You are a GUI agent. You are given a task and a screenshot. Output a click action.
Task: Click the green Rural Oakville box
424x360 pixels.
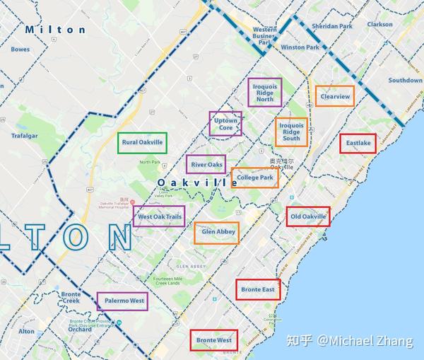coord(142,142)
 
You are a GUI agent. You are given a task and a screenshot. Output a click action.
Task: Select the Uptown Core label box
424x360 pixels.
coord(225,124)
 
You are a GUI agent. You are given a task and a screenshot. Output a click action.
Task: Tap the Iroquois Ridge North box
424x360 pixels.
coord(264,92)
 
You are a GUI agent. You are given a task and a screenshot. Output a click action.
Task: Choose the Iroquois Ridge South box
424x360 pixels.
coord(291,132)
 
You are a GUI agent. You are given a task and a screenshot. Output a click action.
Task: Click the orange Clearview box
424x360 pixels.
coord(334,96)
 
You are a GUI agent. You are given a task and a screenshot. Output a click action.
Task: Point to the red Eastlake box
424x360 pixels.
coord(358,143)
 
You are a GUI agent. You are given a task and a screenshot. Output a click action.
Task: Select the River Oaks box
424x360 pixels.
coord(206,165)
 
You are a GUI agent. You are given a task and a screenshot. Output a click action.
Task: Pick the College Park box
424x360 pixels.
coord(255,178)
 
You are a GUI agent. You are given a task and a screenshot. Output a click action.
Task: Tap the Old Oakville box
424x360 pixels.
coord(307,216)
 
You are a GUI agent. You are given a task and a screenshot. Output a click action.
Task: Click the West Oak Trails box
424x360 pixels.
coord(159,216)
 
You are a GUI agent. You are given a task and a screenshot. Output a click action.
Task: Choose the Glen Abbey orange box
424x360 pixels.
coord(216,233)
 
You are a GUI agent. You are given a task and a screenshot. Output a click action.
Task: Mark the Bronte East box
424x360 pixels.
coord(257,289)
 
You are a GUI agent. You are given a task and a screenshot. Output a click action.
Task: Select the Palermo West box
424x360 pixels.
coord(122,301)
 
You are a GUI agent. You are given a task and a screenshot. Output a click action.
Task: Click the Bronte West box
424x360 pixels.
coord(213,340)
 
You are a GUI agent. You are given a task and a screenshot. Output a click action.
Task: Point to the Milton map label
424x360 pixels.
coord(54,30)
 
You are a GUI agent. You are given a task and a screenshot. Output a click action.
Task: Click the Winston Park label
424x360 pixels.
coord(300,47)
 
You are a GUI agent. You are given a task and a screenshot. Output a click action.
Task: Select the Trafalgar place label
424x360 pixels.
coord(27,135)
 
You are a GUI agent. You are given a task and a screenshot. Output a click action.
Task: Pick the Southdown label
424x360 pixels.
coord(404,81)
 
